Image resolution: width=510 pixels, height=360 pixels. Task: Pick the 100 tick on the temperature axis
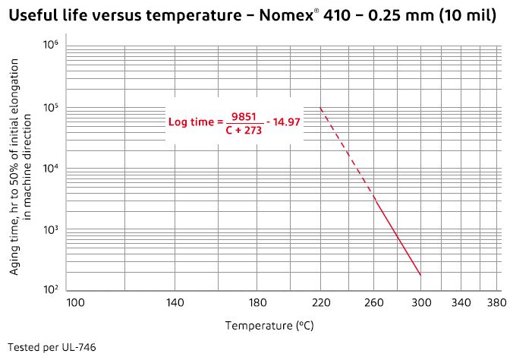76,303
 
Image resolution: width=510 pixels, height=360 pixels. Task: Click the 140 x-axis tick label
175,303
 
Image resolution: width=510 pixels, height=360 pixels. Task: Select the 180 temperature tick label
258,303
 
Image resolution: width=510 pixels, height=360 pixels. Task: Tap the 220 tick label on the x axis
321,303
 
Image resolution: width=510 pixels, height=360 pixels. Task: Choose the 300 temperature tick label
420,303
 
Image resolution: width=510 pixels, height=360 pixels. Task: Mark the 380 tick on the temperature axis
496,303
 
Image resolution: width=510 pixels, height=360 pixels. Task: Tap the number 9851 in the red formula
244,115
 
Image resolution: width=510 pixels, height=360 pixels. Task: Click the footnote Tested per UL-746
50,347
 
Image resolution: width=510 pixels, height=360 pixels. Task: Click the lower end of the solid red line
420,275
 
